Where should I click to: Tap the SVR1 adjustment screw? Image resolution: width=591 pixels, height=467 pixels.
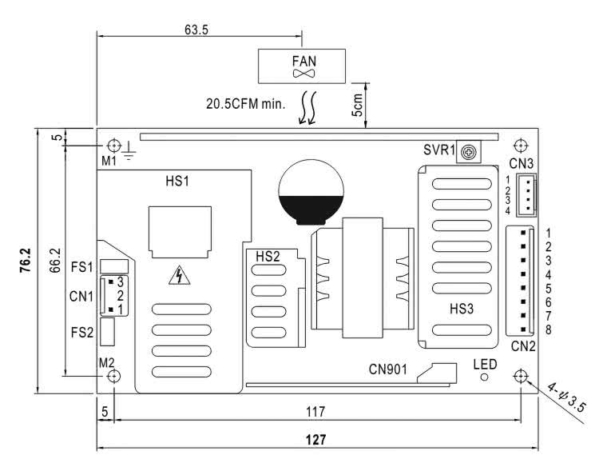(x=469, y=153)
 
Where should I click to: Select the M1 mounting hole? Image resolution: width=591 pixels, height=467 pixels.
(x=113, y=146)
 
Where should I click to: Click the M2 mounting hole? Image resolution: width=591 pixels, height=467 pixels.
(x=113, y=376)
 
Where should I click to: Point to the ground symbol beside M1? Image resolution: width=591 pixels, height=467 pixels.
(x=129, y=152)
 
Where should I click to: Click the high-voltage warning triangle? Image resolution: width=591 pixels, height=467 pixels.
(x=180, y=275)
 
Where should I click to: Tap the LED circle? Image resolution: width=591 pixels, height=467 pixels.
(x=484, y=377)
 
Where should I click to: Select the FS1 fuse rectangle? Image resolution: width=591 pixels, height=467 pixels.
(x=114, y=266)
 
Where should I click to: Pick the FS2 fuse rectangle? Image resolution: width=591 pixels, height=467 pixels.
(x=108, y=332)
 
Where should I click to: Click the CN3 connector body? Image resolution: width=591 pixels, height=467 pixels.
(x=526, y=195)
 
